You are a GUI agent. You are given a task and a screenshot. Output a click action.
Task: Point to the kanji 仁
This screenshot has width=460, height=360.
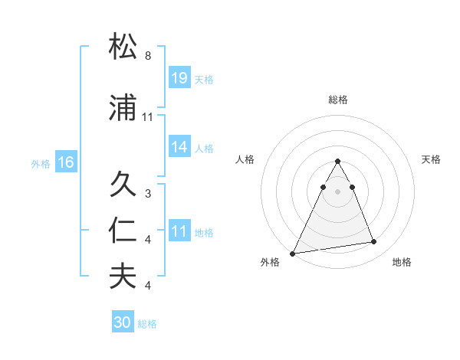point(124,231)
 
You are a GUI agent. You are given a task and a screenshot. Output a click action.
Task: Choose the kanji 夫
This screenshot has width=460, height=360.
point(124,276)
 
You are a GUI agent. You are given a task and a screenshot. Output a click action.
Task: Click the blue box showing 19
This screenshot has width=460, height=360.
point(179,77)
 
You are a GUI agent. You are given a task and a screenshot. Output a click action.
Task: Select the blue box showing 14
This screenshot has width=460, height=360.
point(179,147)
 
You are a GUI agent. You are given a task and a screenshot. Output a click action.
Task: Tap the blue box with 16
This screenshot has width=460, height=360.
point(65,162)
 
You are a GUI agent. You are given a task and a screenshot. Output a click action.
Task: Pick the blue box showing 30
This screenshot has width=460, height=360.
point(123,322)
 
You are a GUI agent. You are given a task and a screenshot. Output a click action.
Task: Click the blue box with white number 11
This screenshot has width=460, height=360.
point(179,231)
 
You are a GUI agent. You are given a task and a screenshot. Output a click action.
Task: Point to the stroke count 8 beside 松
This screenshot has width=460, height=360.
point(148,56)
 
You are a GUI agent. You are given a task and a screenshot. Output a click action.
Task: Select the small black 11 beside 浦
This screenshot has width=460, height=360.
point(148,117)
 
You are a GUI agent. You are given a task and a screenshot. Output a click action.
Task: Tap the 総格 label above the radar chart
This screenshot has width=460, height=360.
point(338,100)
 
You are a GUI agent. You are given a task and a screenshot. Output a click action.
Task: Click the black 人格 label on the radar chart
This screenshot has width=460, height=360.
point(245,159)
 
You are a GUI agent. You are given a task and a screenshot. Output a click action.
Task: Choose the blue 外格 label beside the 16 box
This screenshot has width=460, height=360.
point(41,163)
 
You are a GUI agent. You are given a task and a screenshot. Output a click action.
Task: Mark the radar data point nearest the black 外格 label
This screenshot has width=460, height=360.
point(293,253)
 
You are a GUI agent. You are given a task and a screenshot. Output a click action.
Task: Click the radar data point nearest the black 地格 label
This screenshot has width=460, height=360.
point(374,242)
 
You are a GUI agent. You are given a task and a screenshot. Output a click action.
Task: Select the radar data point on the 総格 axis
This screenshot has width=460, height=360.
point(337,162)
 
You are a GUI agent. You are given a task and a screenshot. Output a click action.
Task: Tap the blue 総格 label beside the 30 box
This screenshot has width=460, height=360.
point(148,323)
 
